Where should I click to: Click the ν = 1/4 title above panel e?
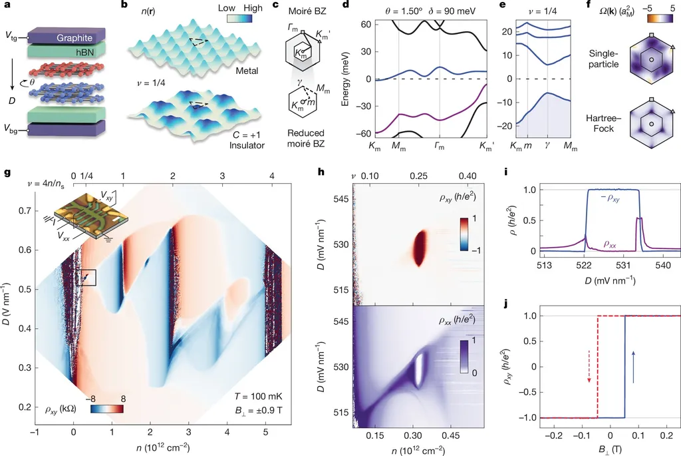pyautogui.click(x=541, y=9)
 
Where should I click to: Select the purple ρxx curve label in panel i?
pyautogui.click(x=624, y=244)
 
